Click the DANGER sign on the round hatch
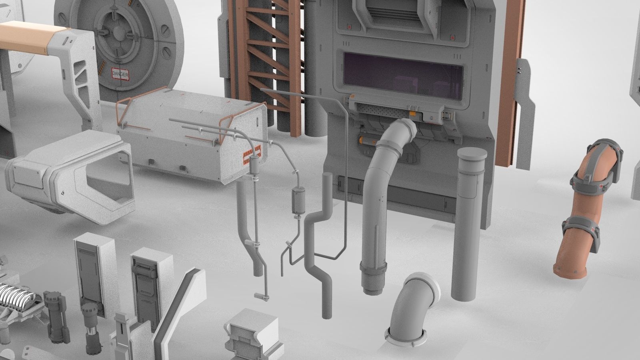pyautogui.click(x=120, y=74)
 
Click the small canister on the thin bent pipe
pyautogui.click(x=298, y=200)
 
